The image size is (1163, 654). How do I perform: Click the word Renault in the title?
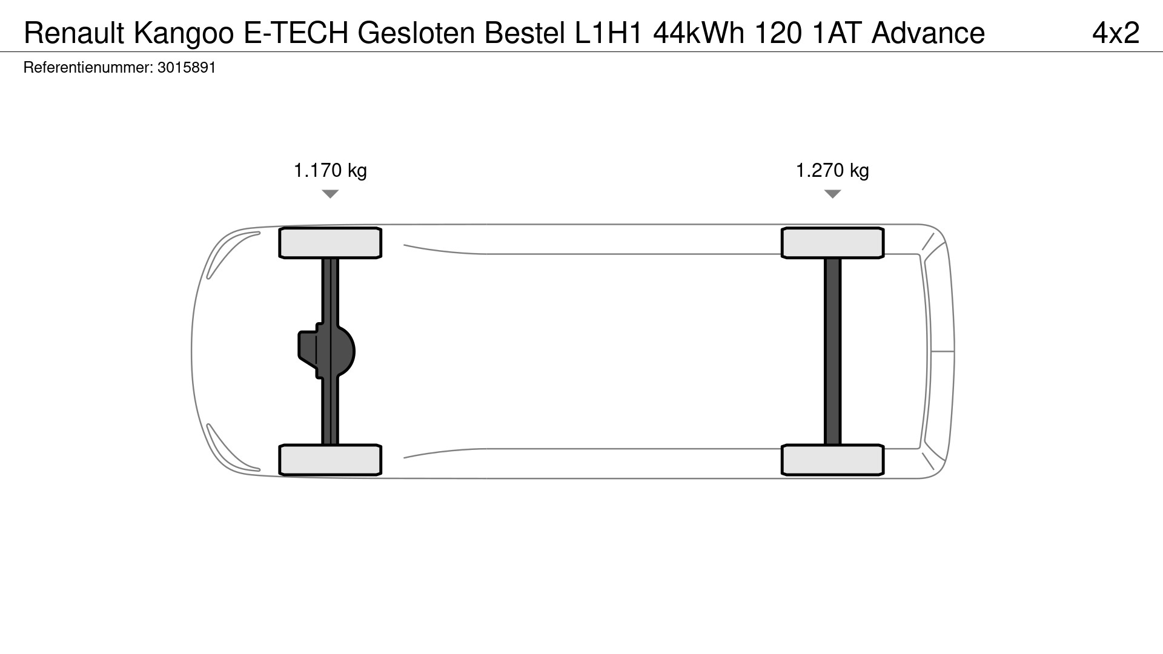(x=74, y=33)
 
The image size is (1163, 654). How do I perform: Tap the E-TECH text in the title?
(x=296, y=33)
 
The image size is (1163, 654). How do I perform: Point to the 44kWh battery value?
(x=699, y=33)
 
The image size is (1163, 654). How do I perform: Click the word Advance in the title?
(x=928, y=33)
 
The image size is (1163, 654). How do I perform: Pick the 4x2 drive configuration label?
(x=1116, y=33)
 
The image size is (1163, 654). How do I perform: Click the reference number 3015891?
(x=187, y=67)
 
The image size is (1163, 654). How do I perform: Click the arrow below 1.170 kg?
(x=330, y=193)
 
